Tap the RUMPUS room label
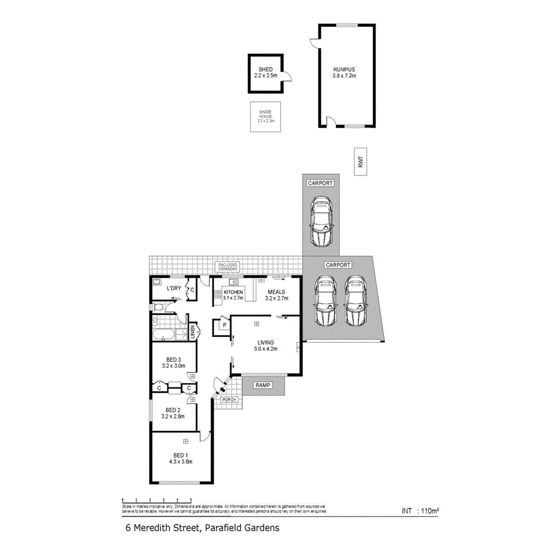(x=344, y=69)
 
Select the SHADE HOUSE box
(x=265, y=116)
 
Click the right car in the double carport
(x=355, y=301)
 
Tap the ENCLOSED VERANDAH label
(x=228, y=267)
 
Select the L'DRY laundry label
(x=174, y=289)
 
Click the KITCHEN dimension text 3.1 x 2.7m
(x=233, y=298)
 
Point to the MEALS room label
(x=276, y=292)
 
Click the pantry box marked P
(x=223, y=326)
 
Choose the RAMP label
(x=263, y=386)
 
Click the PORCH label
(x=228, y=399)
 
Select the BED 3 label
(x=173, y=359)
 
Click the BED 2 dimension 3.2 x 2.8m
(x=173, y=416)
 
